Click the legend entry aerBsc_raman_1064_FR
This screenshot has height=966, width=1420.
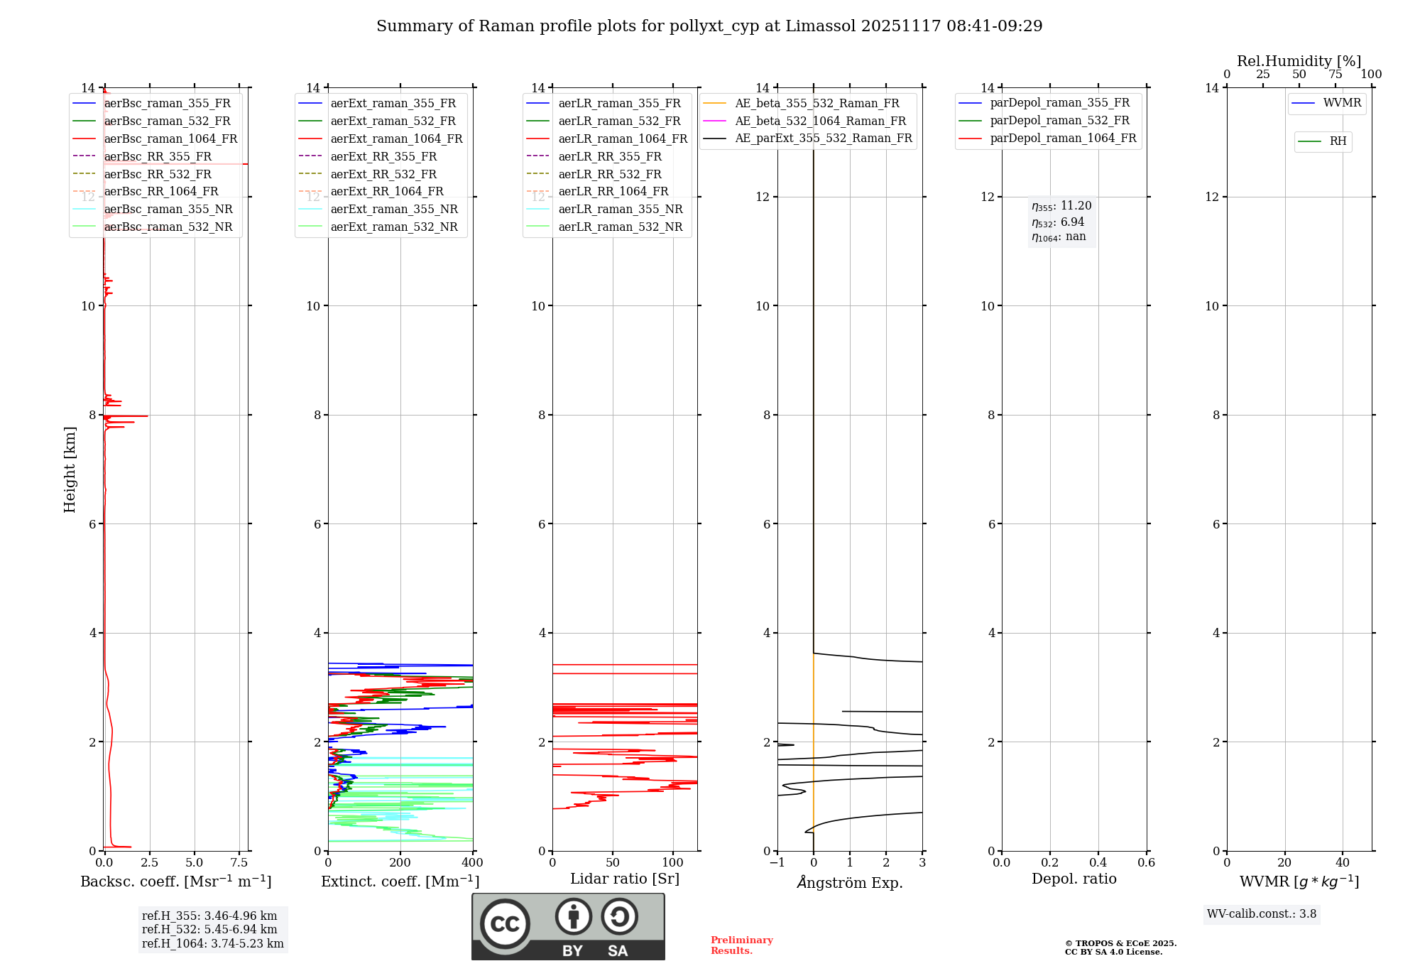pos(170,139)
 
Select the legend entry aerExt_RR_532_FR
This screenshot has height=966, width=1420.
pos(383,174)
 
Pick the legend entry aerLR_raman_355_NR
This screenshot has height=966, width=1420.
pos(620,210)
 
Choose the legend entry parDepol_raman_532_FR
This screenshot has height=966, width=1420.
pos(1059,121)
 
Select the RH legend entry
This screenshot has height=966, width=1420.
pos(1338,141)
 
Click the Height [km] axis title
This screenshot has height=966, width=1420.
pos(70,470)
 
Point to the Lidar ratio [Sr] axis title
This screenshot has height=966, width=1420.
pos(625,879)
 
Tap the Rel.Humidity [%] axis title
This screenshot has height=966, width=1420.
pos(1299,61)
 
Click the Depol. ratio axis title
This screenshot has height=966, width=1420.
pos(1074,879)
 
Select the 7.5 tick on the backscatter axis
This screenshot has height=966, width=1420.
pos(239,863)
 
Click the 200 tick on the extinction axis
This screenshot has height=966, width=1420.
pos(400,863)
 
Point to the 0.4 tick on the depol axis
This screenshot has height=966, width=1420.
pos(1098,863)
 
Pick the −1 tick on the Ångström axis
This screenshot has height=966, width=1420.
pos(777,863)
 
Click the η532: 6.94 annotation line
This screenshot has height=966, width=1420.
pos(1058,222)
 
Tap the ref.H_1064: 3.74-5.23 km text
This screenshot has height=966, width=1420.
pos(212,944)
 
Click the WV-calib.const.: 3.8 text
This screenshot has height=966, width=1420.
pos(1261,914)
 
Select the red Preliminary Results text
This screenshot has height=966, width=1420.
pos(741,945)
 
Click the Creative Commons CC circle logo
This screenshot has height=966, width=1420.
pos(505,924)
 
